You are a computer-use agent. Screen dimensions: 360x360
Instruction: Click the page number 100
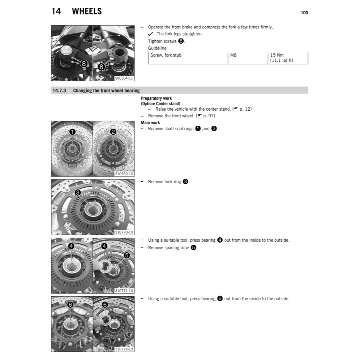click(304, 13)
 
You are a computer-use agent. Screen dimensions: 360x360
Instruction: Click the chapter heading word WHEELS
click(87, 11)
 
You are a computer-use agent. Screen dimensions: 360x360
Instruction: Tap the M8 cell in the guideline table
click(233, 55)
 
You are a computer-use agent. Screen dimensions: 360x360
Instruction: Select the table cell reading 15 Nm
click(277, 55)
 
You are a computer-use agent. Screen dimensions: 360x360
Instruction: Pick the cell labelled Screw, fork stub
click(166, 55)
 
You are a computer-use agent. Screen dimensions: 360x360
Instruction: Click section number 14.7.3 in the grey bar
click(59, 91)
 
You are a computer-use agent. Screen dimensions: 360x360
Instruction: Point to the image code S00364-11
click(124, 78)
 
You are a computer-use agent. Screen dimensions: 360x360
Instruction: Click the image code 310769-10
click(124, 174)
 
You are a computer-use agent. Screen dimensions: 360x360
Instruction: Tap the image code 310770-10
click(124, 232)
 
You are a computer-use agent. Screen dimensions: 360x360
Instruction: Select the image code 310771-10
click(124, 291)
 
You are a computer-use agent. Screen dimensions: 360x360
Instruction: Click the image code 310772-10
click(124, 349)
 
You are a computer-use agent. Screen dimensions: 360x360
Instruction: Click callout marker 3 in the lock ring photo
click(78, 192)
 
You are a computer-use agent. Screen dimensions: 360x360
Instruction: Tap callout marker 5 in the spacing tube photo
click(126, 255)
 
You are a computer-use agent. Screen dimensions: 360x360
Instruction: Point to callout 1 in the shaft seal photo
click(73, 131)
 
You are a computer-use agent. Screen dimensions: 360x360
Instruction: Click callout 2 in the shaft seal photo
click(113, 131)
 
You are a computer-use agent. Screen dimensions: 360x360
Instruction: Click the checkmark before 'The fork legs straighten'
click(151, 34)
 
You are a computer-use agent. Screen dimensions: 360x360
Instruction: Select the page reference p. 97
click(209, 116)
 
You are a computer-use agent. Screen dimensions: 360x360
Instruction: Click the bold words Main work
click(150, 122)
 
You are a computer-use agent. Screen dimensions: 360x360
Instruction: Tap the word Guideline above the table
click(157, 48)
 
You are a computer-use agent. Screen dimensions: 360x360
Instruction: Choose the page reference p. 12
click(246, 109)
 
